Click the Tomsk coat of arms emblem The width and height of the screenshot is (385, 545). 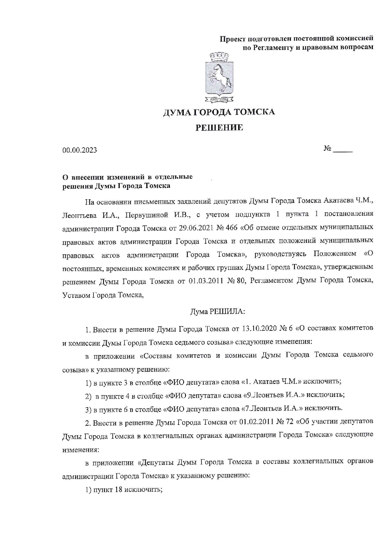coord(219,78)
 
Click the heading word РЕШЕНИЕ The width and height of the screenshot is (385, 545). coord(219,127)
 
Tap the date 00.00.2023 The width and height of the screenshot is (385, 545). coord(79,150)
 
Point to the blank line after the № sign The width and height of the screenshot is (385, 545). coord(342,151)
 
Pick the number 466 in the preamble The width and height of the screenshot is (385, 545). coord(231,228)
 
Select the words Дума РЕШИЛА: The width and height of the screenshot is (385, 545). coord(218,311)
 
